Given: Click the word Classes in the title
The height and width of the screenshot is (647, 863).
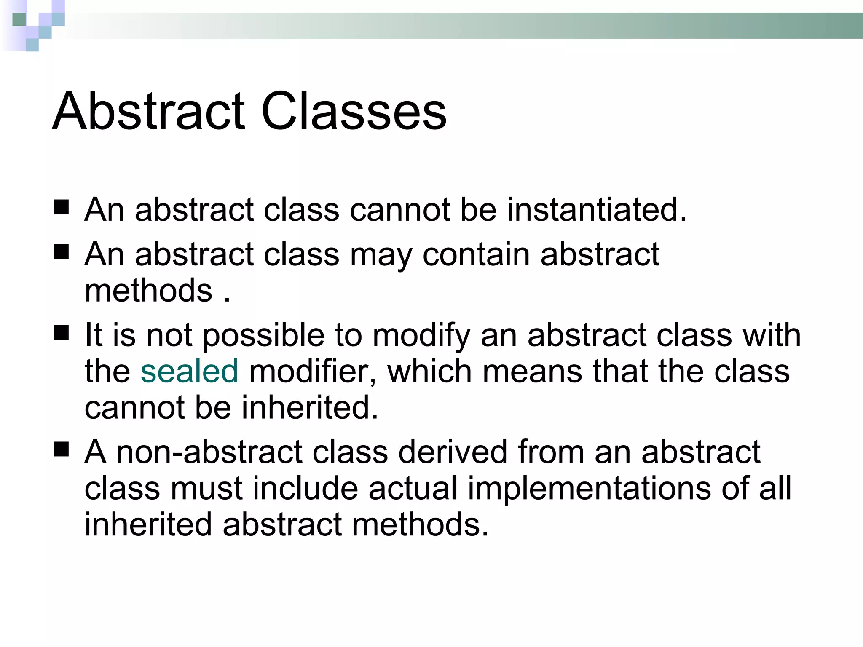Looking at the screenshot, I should [x=354, y=111].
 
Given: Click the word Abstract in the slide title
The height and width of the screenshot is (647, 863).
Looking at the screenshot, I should [x=148, y=111].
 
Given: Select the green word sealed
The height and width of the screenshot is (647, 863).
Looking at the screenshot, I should [x=189, y=371].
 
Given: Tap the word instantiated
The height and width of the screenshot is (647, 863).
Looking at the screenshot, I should [x=597, y=209].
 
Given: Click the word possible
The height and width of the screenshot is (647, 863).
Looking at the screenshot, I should [x=264, y=335].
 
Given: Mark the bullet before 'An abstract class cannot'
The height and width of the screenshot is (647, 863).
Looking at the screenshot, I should [x=62, y=208].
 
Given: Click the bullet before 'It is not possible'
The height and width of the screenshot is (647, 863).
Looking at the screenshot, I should [x=62, y=333].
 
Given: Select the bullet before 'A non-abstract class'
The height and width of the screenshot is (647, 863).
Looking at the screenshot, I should [x=62, y=450].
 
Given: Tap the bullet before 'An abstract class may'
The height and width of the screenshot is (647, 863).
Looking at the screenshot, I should [x=62, y=252].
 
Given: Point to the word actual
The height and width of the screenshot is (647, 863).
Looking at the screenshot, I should [x=413, y=488].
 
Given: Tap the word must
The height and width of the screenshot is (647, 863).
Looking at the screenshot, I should [x=206, y=488].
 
